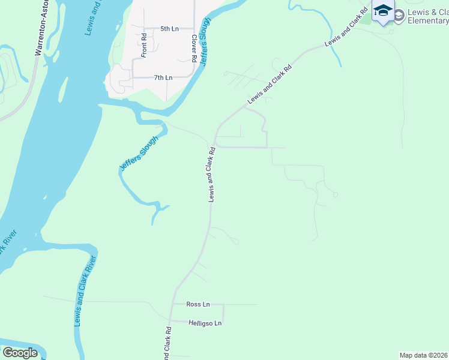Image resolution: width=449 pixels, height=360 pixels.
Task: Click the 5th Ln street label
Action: pyautogui.click(x=169, y=29)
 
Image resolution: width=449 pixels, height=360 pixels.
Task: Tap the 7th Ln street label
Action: pyautogui.click(x=163, y=77)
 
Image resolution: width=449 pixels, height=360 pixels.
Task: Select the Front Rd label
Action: pyautogui.click(x=144, y=45)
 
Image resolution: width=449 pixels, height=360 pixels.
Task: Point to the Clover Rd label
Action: pyautogui.click(x=194, y=48)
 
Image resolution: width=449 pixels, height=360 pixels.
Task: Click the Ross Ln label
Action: pyautogui.click(x=197, y=304)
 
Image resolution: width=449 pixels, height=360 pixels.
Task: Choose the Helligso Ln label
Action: pyautogui.click(x=205, y=323)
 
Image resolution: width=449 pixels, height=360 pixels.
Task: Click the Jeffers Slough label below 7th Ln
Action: pyautogui.click(x=139, y=154)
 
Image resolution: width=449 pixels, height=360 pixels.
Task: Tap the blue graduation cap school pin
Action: pyautogui.click(x=382, y=11)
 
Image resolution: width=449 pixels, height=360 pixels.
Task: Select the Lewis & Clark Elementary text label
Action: pyautogui.click(x=427, y=16)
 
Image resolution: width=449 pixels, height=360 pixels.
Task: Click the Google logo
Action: pyautogui.click(x=20, y=353)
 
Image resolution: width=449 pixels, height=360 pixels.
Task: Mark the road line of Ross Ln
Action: pyautogui.click(x=240, y=304)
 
